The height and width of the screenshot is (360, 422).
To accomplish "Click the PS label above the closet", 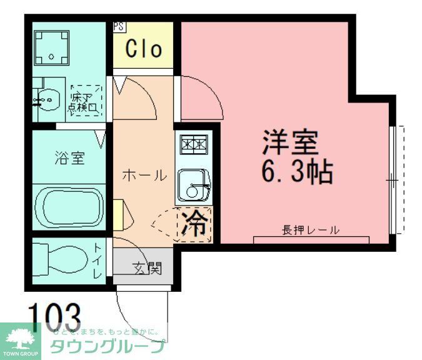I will (x=118, y=27).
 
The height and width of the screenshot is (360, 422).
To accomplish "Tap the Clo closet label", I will (x=144, y=49).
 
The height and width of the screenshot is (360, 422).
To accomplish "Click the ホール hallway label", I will (x=144, y=176).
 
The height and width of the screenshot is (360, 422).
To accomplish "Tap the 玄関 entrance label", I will (x=147, y=268).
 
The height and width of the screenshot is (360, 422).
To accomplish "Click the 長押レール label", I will (x=310, y=230).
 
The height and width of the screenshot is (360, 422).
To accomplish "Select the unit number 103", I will (x=54, y=313).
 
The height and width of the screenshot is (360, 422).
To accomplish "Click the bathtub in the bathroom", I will (x=69, y=208).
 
